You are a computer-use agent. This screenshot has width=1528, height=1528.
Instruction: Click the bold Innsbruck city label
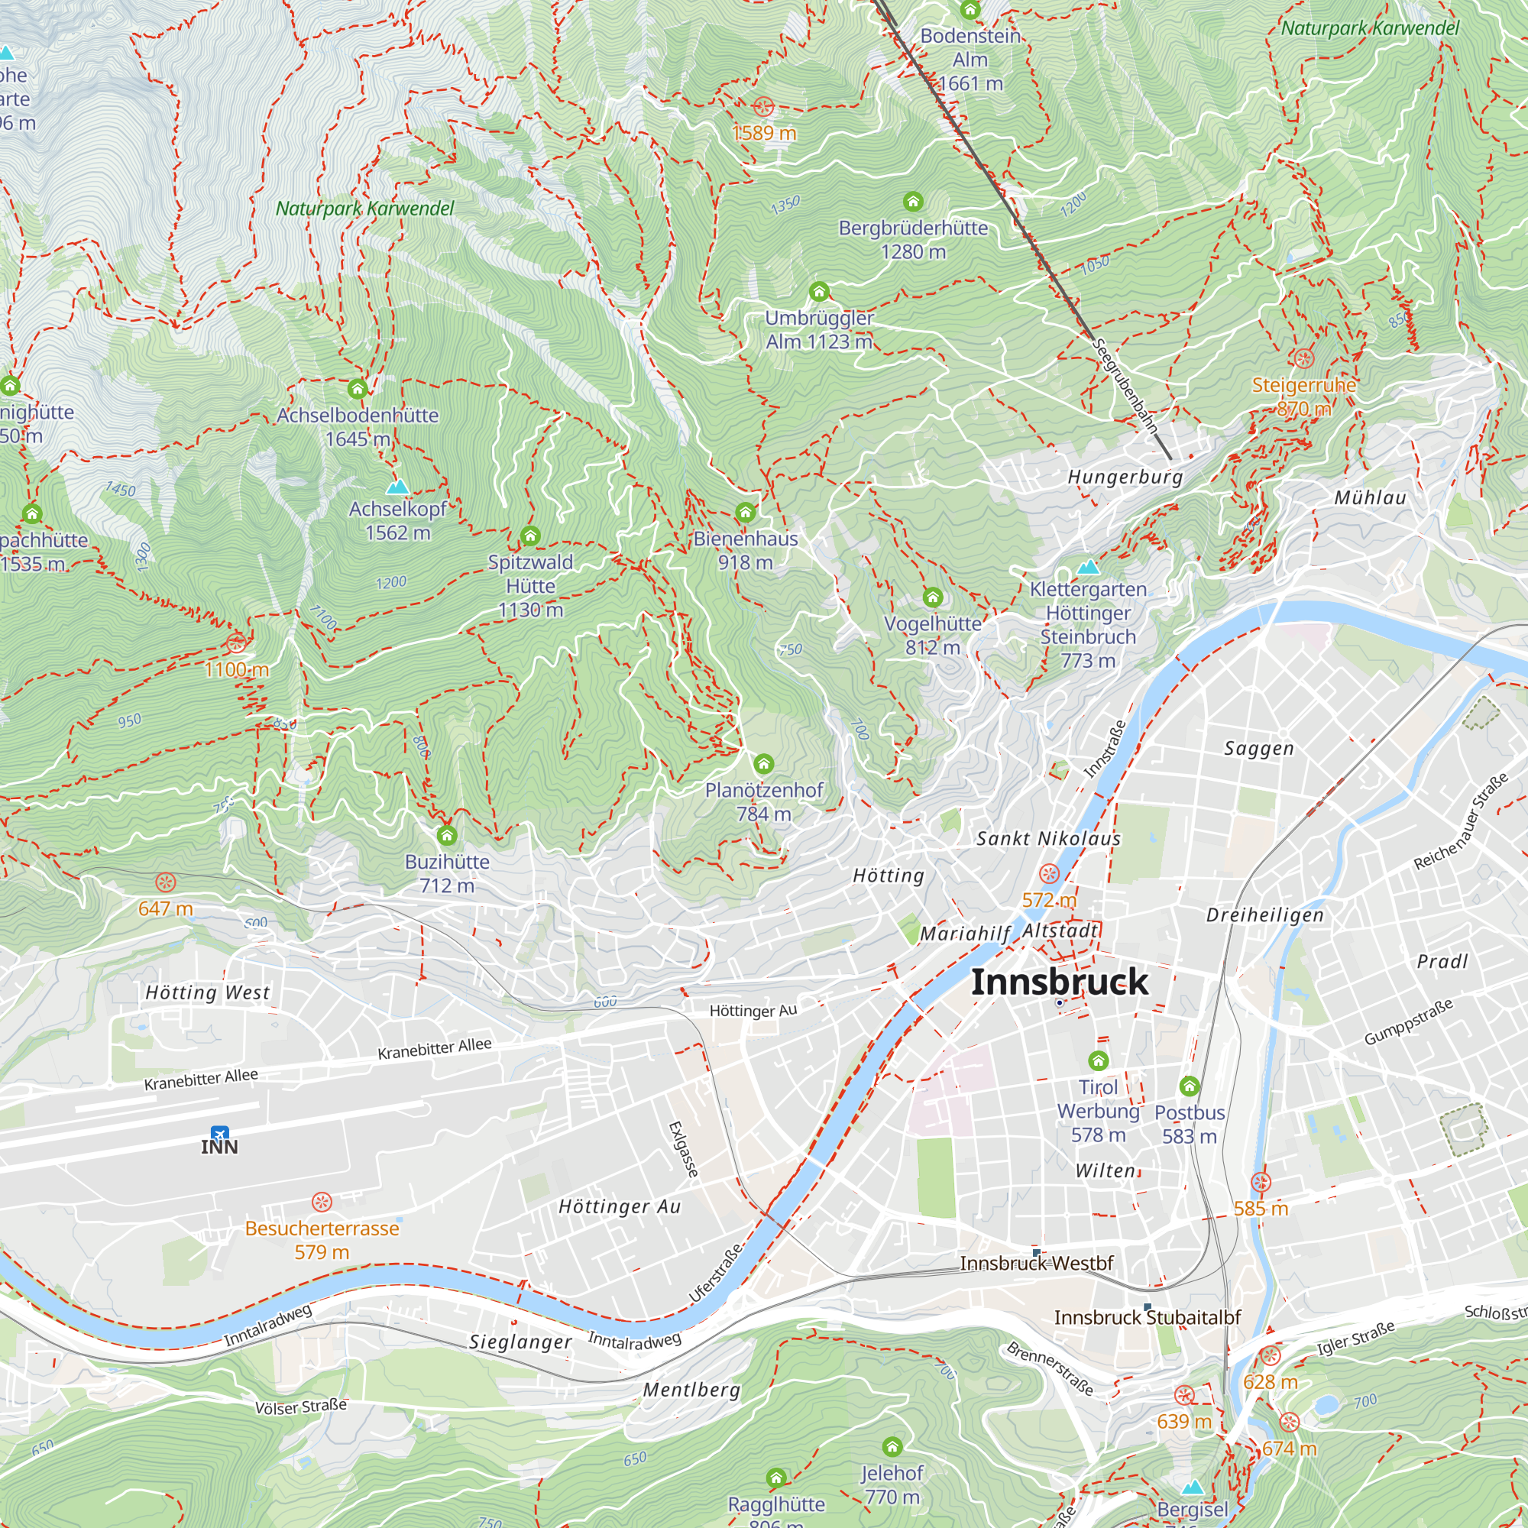(1059, 982)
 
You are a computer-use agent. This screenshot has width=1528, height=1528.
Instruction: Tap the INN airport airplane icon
(220, 1133)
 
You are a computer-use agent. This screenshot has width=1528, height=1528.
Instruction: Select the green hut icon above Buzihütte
(447, 835)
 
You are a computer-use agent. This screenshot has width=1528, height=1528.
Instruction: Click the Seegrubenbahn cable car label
(1125, 386)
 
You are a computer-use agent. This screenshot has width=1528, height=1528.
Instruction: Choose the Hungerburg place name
(1125, 477)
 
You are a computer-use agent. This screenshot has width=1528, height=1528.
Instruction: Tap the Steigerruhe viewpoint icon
(1303, 358)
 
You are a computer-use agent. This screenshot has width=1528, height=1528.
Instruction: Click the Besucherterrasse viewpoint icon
(321, 1202)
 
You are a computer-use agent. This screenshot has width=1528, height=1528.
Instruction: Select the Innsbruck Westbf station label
(1036, 1263)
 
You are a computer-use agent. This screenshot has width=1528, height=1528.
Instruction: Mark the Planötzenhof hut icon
(763, 763)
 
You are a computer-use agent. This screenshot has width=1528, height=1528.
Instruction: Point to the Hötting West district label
(207, 992)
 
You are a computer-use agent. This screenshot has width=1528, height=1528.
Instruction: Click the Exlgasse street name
(683, 1149)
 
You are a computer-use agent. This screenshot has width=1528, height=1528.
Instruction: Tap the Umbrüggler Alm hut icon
(819, 292)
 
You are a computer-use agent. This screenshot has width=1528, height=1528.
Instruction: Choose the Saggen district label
(1259, 748)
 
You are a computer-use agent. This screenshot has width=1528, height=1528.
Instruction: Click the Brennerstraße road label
(1050, 1368)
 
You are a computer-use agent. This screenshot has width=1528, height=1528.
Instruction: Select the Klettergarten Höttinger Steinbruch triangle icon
(1088, 566)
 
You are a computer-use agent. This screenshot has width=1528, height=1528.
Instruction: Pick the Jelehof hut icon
(892, 1446)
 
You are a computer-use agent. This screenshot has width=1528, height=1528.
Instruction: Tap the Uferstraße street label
(716, 1273)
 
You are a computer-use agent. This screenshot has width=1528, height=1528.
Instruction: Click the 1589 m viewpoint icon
(763, 107)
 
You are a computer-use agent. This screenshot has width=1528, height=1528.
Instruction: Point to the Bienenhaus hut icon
(745, 512)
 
